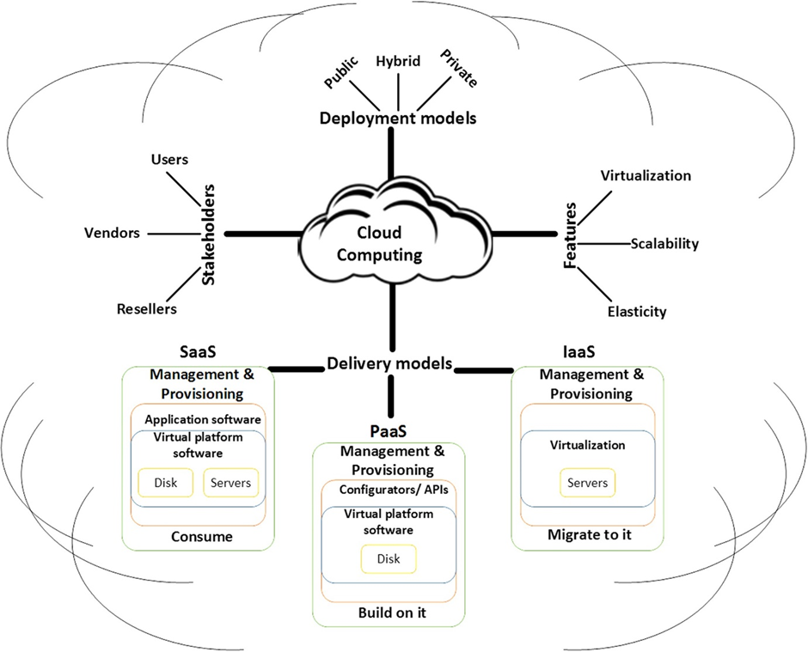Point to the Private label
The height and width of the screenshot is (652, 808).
click(x=458, y=68)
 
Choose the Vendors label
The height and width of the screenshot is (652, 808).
click(x=112, y=233)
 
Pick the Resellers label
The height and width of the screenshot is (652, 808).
click(x=147, y=308)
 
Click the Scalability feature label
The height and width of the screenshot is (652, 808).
click(x=664, y=244)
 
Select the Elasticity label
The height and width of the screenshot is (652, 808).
click(x=637, y=312)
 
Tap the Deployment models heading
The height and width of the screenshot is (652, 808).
click(x=398, y=119)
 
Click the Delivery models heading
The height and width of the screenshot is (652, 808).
click(x=389, y=364)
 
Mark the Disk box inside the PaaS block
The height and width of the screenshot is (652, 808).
click(x=389, y=559)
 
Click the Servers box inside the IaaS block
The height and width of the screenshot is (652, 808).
click(x=587, y=483)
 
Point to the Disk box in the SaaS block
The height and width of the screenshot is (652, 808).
click(x=166, y=483)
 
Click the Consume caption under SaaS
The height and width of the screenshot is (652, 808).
click(x=203, y=537)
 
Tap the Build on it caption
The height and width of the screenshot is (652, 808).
click(x=392, y=614)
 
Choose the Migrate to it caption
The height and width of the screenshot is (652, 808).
click(x=589, y=535)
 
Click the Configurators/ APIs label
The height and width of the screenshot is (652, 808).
click(x=389, y=491)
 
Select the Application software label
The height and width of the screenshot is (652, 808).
click(x=203, y=420)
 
